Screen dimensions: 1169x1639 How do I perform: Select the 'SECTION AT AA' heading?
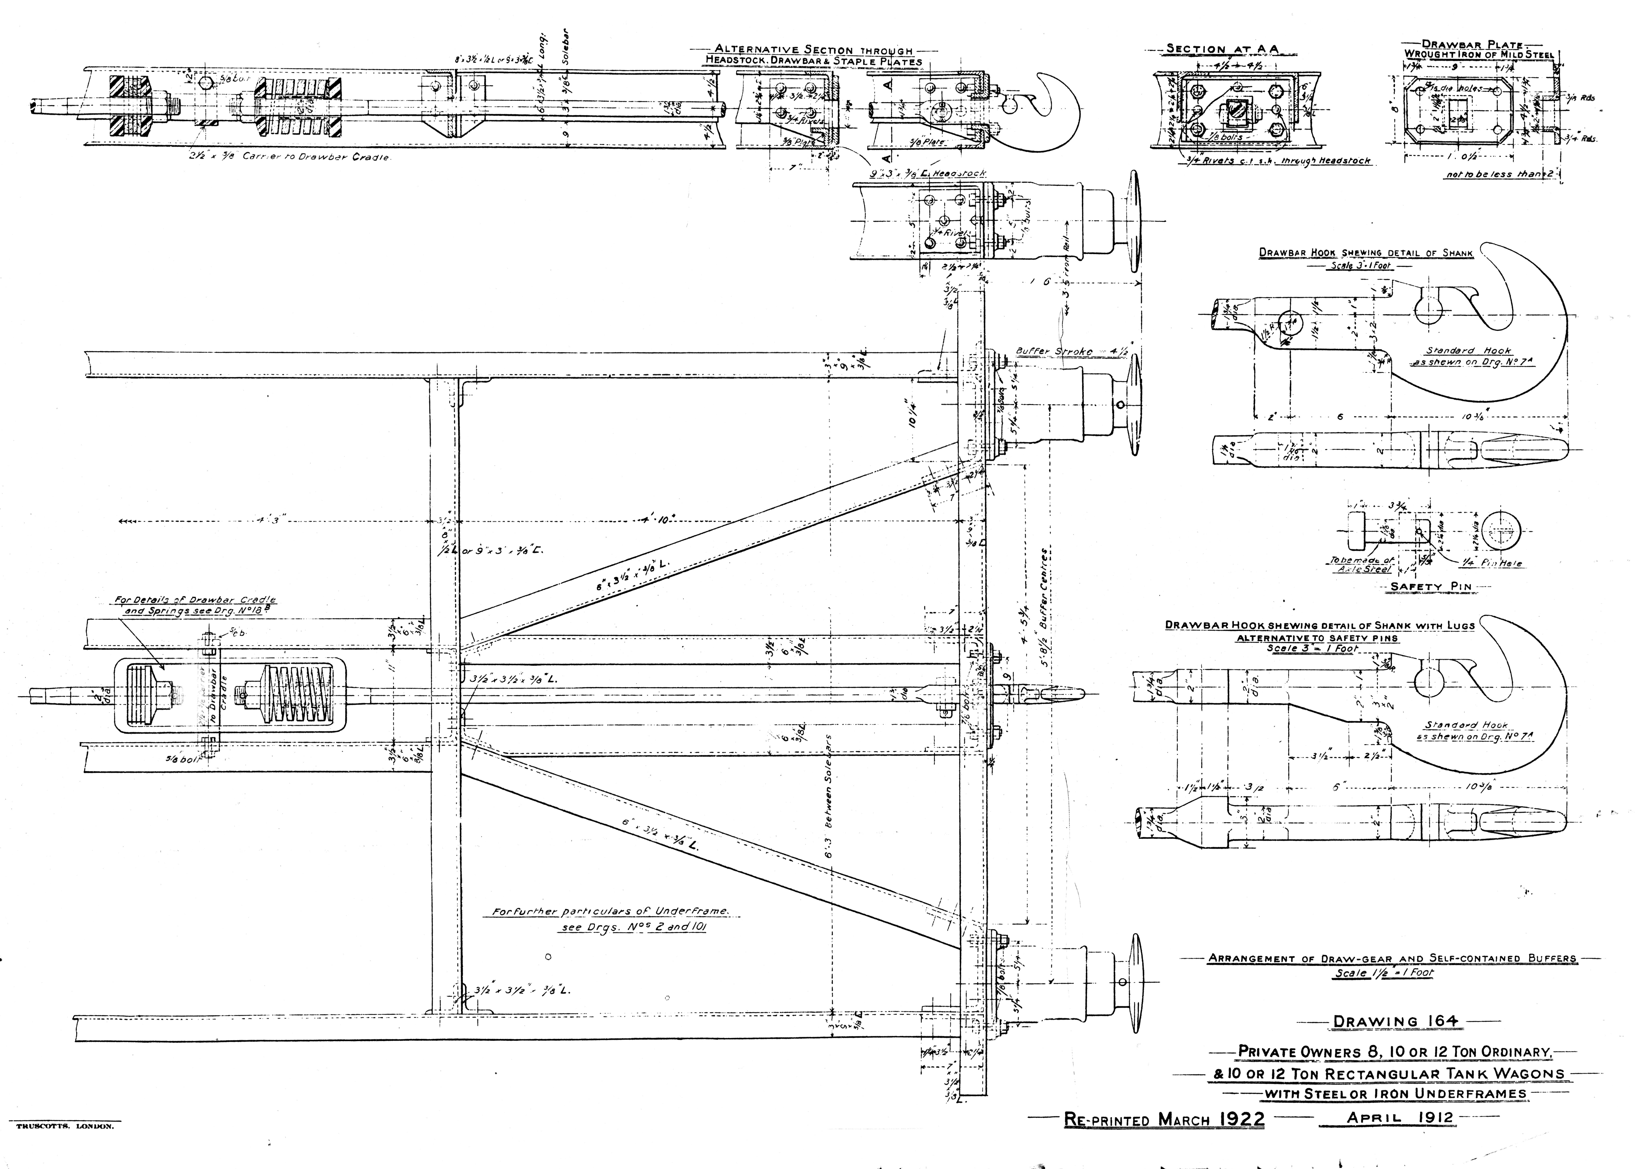1222,49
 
